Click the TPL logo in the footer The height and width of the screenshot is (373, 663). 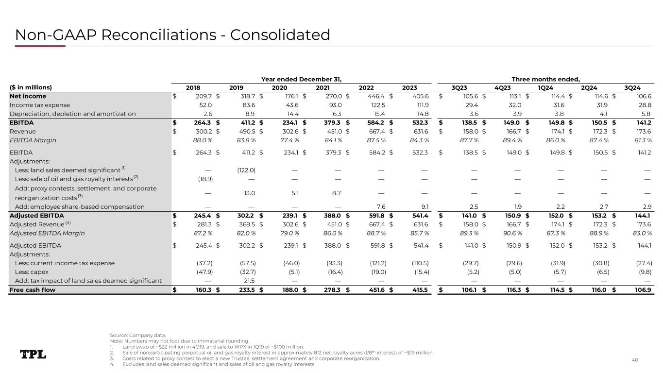click(33, 355)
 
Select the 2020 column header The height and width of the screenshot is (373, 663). click(279, 88)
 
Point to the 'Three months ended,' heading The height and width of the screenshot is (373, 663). click(546, 79)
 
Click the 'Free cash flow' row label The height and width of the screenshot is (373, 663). click(33, 290)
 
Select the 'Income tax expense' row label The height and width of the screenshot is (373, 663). click(40, 105)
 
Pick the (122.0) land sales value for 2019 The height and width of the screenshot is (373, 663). click(246, 170)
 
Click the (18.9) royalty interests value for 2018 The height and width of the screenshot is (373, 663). click(203, 179)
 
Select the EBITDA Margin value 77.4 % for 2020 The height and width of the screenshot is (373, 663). click(288, 140)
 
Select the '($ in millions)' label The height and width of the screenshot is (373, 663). click(31, 88)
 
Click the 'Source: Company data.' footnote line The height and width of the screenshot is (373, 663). click(138, 335)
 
